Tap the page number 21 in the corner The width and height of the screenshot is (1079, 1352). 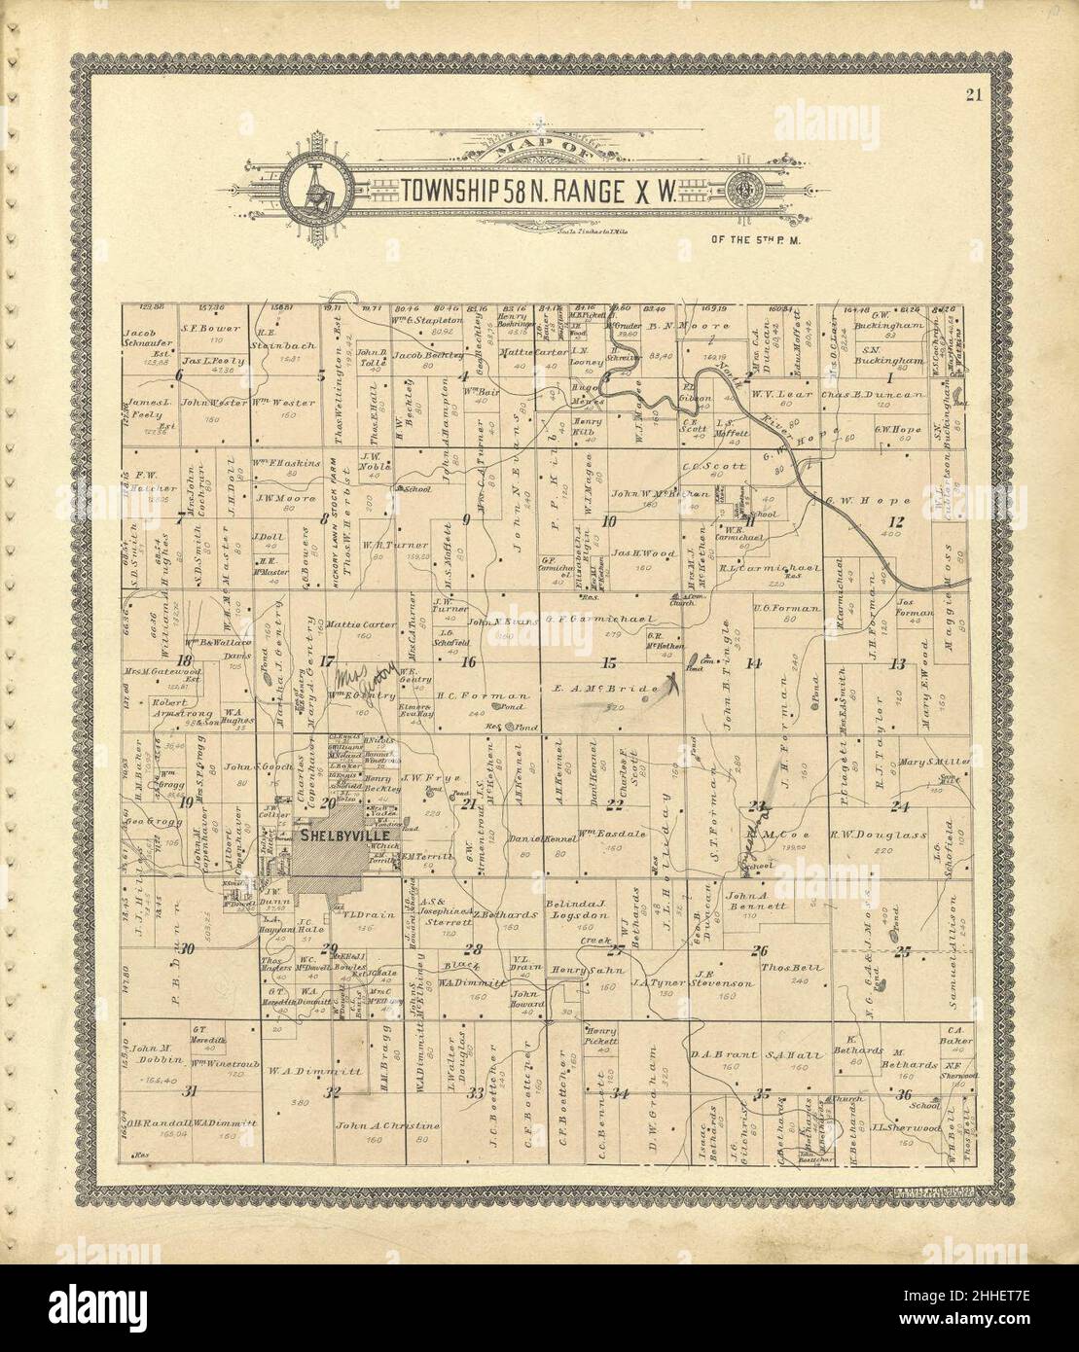click(x=974, y=94)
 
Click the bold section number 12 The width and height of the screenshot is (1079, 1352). click(x=896, y=522)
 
